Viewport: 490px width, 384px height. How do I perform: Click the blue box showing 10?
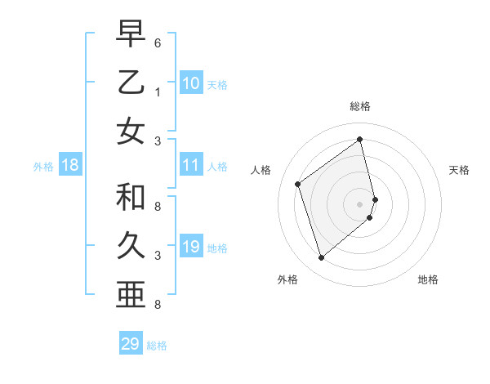tap(191, 83)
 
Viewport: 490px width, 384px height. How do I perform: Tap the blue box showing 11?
tap(191, 165)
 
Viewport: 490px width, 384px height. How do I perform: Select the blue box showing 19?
tap(191, 247)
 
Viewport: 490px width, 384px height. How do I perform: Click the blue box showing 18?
tap(70, 165)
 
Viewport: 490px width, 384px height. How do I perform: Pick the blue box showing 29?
tap(131, 344)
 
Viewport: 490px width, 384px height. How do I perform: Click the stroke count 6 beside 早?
tap(157, 42)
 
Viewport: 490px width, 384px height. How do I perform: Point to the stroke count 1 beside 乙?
tap(157, 92)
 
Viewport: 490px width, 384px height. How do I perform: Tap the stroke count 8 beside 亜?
tap(157, 305)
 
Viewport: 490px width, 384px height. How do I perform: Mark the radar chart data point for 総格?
tap(360, 140)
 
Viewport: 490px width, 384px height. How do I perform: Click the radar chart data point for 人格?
tap(298, 184)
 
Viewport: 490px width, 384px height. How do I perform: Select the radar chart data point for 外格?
tap(321, 258)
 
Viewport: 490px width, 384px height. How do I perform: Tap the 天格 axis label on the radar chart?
tap(460, 170)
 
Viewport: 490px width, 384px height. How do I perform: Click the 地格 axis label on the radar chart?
tap(428, 279)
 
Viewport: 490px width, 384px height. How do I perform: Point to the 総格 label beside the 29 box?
tap(157, 346)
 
